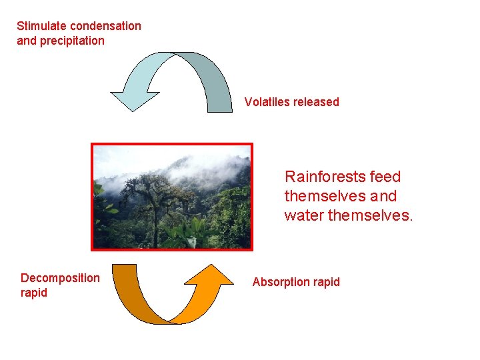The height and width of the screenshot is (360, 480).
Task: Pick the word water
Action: coord(303,215)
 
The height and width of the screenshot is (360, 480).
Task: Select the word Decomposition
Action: coord(60,278)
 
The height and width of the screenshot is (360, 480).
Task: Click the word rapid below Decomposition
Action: coord(34,293)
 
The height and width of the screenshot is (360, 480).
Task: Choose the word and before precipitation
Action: coord(27,41)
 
